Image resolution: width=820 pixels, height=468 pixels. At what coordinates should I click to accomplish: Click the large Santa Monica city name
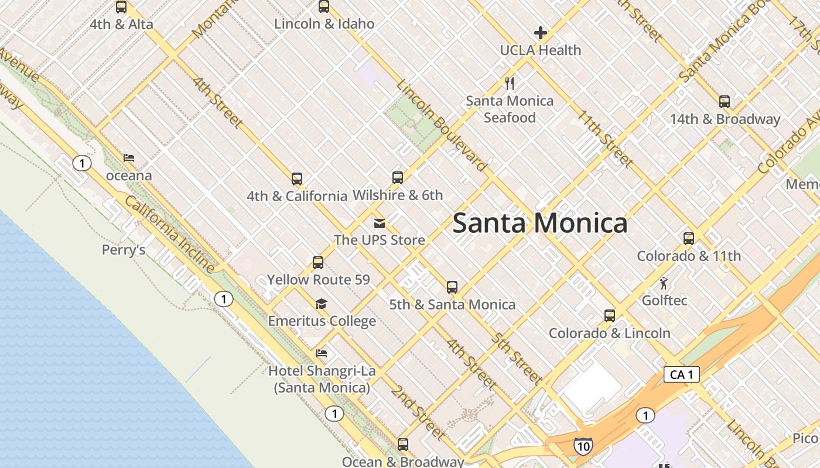pyautogui.click(x=539, y=223)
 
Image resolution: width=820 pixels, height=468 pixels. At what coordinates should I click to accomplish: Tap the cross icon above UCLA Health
pyautogui.click(x=540, y=33)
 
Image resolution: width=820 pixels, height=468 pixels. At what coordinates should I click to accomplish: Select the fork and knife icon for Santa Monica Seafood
pyautogui.click(x=510, y=84)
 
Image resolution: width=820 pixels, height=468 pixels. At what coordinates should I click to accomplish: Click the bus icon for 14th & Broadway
pyautogui.click(x=725, y=102)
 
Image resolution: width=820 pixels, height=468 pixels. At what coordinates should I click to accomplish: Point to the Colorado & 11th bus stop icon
pyautogui.click(x=689, y=239)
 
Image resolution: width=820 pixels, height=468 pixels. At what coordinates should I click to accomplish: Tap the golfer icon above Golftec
pyautogui.click(x=664, y=284)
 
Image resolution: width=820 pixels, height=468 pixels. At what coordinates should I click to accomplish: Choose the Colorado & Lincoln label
pyautogui.click(x=609, y=333)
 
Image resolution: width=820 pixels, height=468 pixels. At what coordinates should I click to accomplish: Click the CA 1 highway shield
pyautogui.click(x=682, y=374)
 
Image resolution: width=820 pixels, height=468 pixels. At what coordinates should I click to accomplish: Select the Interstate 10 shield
pyautogui.click(x=583, y=446)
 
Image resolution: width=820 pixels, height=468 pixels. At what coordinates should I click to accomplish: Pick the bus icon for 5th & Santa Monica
pyautogui.click(x=452, y=287)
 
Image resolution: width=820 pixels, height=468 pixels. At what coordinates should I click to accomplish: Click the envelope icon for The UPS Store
pyautogui.click(x=380, y=223)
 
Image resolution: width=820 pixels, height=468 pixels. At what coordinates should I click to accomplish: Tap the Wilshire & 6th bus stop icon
pyautogui.click(x=398, y=178)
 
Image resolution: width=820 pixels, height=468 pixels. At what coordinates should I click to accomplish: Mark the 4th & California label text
pyautogui.click(x=297, y=196)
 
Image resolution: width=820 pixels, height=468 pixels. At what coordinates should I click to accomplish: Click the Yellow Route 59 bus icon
pyautogui.click(x=318, y=263)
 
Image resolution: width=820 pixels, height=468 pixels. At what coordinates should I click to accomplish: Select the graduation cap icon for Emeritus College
pyautogui.click(x=321, y=304)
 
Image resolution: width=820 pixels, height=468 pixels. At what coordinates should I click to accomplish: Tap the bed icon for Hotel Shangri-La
pyautogui.click(x=322, y=353)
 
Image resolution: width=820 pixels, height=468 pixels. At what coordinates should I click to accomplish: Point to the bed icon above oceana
pyautogui.click(x=129, y=158)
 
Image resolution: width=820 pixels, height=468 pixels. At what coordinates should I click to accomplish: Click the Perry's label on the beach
pyautogui.click(x=124, y=250)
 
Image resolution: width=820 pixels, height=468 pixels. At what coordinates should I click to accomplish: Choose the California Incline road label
pyautogui.click(x=170, y=234)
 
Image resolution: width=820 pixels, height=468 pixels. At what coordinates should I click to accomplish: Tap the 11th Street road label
pyautogui.click(x=605, y=138)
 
